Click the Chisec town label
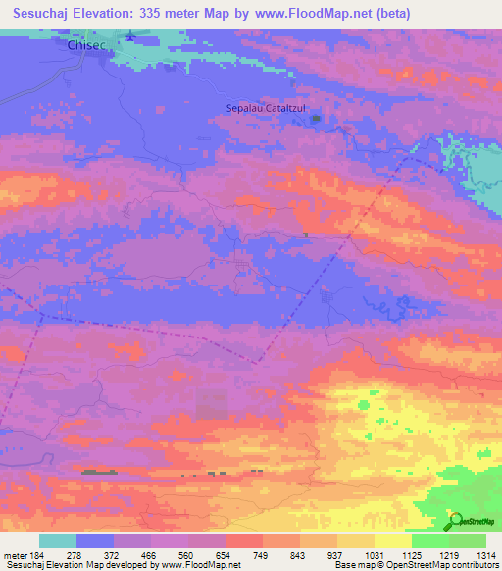tap(85, 45)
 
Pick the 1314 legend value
tap(486, 556)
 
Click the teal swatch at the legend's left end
tap(58, 541)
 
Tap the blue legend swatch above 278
tap(95, 541)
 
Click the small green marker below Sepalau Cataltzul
tap(315, 120)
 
